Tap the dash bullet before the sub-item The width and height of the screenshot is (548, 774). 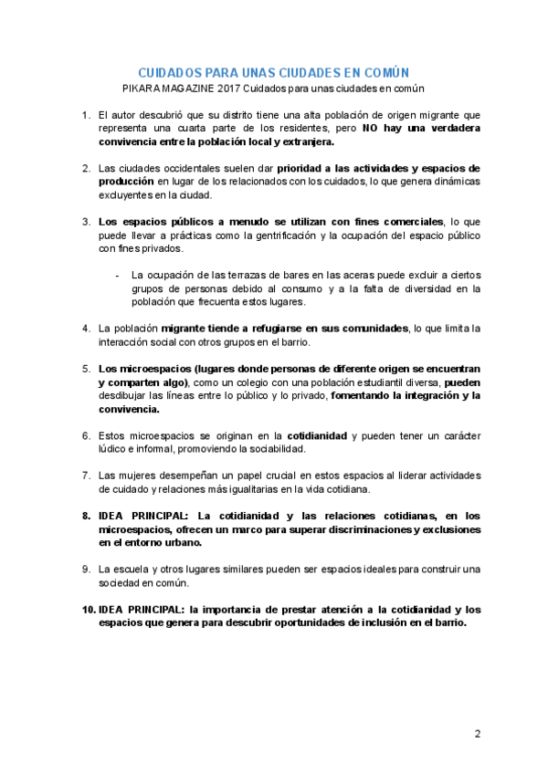tap(117, 275)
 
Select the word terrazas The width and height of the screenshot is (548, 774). tap(230, 275)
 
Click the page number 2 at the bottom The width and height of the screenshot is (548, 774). tap(477, 733)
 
